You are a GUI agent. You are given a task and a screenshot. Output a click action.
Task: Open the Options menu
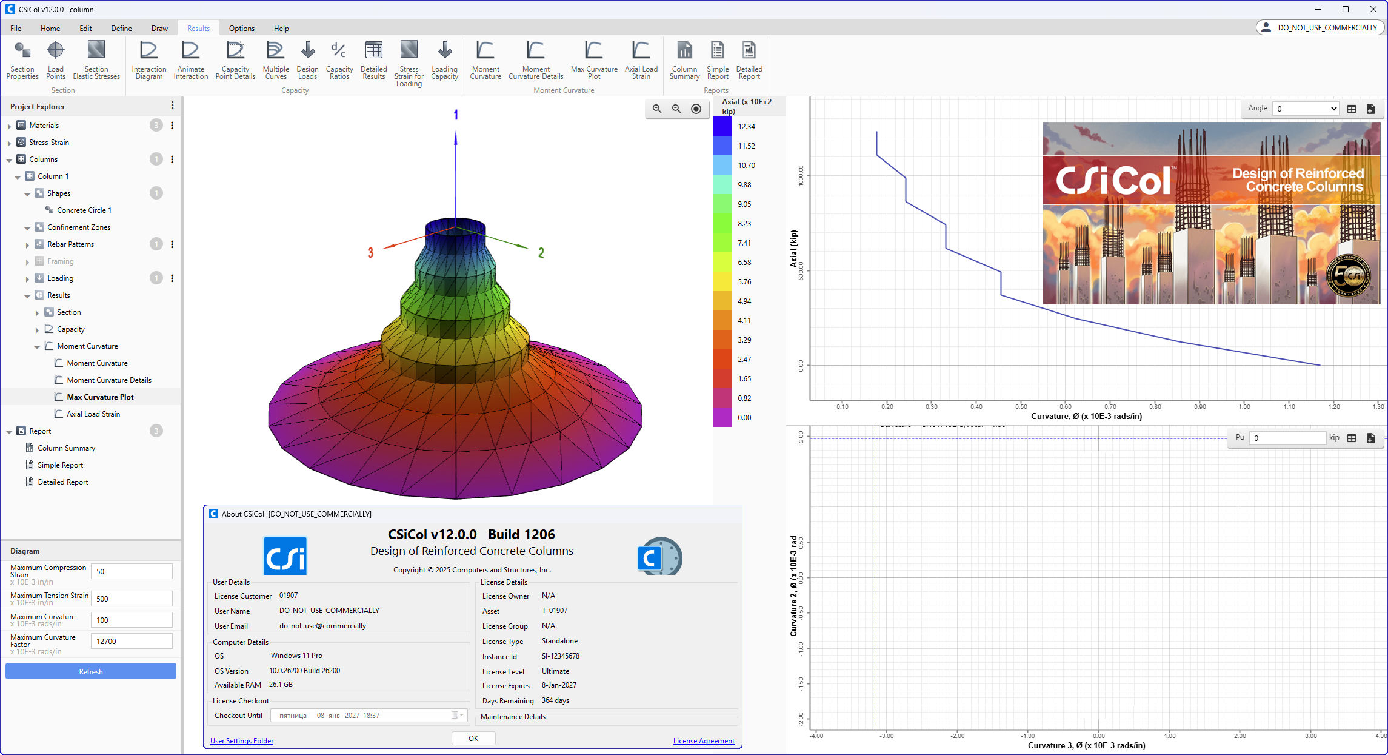(x=241, y=28)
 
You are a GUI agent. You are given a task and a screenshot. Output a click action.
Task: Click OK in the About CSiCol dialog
(x=473, y=738)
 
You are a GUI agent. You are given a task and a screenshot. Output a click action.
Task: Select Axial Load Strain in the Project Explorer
(x=93, y=414)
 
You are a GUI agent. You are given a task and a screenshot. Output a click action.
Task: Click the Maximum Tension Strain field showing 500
(x=132, y=599)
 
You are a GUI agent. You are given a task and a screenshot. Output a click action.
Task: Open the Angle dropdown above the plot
(x=1305, y=109)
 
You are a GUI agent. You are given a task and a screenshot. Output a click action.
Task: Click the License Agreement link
(x=703, y=741)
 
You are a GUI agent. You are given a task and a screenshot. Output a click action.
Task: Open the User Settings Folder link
(x=241, y=741)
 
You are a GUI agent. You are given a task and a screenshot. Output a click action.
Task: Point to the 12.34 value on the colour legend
(x=746, y=127)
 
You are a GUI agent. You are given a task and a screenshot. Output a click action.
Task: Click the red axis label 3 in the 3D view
(x=370, y=253)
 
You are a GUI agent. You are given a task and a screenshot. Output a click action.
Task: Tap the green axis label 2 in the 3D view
(x=541, y=253)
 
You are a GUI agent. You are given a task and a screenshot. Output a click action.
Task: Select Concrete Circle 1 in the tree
(x=84, y=210)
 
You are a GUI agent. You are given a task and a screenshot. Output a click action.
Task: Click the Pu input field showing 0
(x=1287, y=438)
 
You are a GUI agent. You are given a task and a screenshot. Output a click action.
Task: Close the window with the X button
(x=1373, y=9)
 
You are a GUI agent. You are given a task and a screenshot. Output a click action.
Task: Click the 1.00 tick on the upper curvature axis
(x=1244, y=406)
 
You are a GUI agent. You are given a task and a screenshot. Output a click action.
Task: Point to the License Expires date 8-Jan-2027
(x=559, y=685)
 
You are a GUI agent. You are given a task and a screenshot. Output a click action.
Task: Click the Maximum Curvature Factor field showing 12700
(x=132, y=641)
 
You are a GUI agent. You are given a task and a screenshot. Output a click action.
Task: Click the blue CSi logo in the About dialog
(x=285, y=555)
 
